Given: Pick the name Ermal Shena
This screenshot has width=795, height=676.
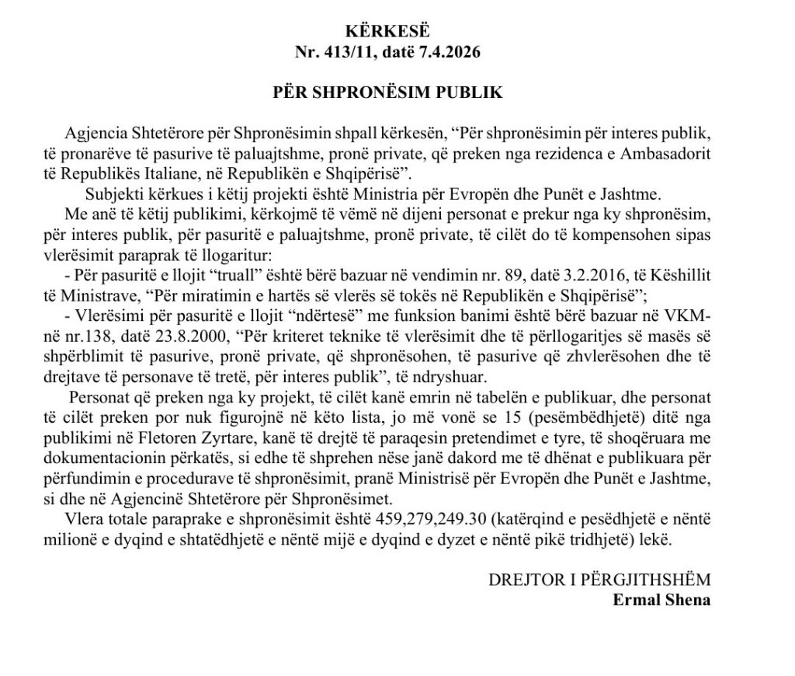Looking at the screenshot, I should click(661, 599).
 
